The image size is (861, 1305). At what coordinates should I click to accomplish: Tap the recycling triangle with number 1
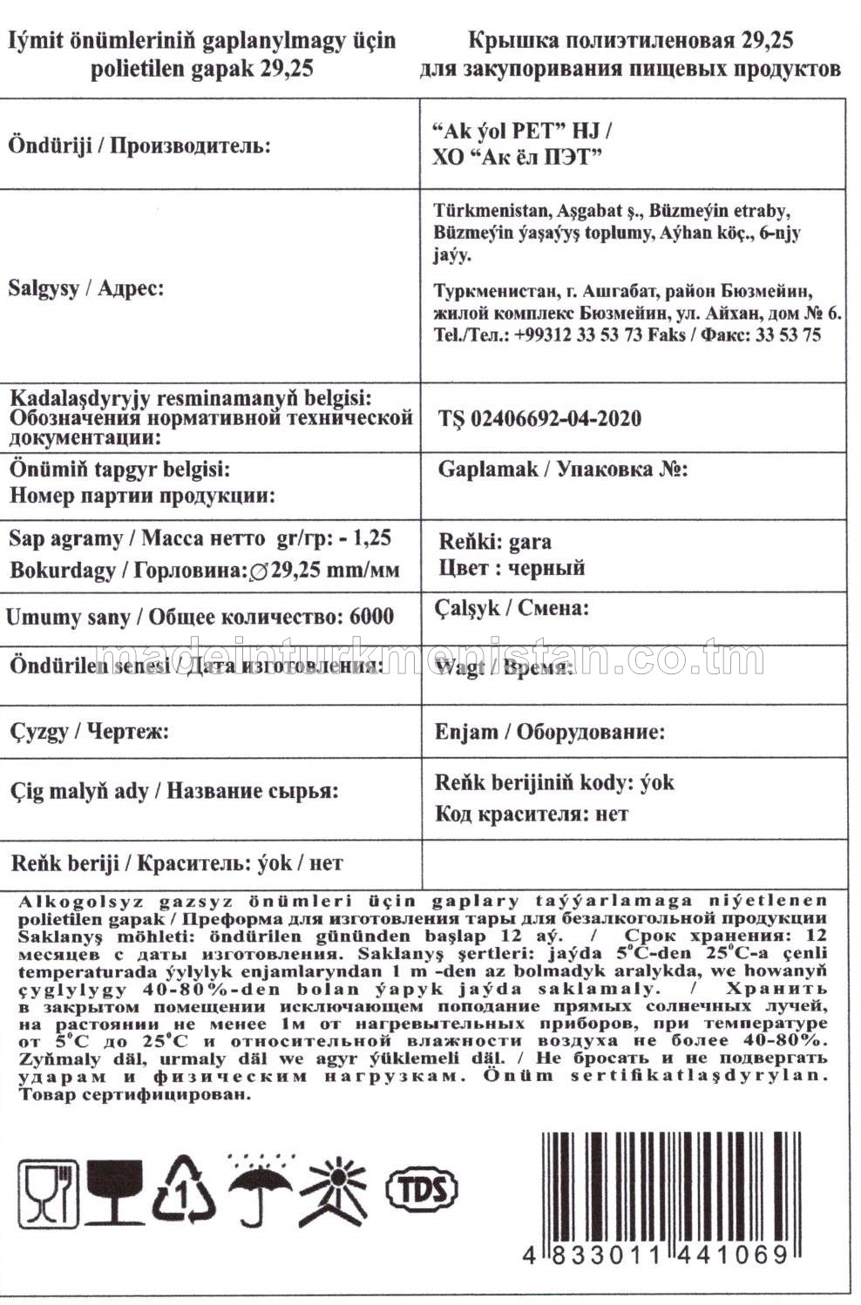tap(183, 1190)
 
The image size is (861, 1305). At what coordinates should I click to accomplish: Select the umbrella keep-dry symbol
tap(260, 1190)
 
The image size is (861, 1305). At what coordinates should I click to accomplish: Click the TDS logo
tap(422, 1187)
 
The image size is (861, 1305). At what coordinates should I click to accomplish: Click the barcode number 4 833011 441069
tap(656, 1255)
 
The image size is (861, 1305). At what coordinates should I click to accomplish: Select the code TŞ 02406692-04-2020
tap(539, 418)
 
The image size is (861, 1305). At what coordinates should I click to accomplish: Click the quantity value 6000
tap(371, 617)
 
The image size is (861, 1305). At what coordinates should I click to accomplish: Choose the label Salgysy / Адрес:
tap(85, 287)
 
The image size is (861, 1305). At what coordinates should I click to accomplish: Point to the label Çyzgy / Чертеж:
tap(89, 731)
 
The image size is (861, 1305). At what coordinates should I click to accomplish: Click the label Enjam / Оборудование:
tap(549, 731)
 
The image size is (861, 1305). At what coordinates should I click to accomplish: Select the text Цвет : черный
tap(512, 568)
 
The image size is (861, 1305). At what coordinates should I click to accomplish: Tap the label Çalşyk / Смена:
tap(512, 607)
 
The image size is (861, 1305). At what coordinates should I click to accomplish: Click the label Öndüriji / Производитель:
tap(139, 145)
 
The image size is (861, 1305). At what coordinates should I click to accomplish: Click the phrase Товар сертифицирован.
tap(135, 1094)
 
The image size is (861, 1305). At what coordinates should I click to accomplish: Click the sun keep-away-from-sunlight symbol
tap(336, 1190)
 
